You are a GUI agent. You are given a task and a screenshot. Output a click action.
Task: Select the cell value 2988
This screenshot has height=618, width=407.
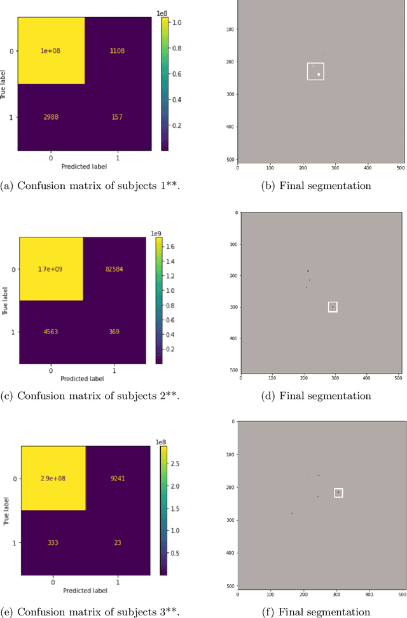tap(51, 118)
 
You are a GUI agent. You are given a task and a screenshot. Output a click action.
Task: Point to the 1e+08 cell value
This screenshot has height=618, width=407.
tap(51, 51)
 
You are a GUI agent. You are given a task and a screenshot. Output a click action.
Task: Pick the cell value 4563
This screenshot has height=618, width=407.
tap(52, 332)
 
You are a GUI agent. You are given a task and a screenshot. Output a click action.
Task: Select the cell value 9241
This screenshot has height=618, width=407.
tap(117, 479)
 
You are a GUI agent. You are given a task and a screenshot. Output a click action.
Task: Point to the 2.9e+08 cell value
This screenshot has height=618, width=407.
tap(53, 479)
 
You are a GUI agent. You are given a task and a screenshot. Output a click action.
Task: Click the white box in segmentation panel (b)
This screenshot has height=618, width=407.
tap(315, 71)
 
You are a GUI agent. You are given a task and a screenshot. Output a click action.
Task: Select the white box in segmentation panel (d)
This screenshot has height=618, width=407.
tap(333, 307)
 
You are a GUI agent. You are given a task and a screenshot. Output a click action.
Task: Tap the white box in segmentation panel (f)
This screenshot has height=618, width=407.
tap(338, 493)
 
